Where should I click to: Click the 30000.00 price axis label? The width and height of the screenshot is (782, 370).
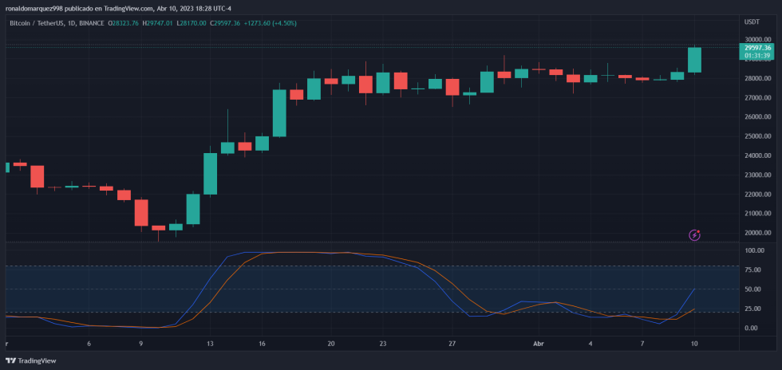click(x=756, y=40)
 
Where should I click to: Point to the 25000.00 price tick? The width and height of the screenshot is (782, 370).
click(x=756, y=136)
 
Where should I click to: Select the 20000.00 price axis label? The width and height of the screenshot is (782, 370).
click(x=756, y=233)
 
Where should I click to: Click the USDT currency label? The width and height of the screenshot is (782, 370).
click(x=752, y=22)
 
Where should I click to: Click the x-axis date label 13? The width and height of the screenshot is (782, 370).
click(x=210, y=344)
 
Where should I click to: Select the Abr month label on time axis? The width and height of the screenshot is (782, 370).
click(x=538, y=344)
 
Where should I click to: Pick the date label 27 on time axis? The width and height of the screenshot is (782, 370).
click(x=452, y=344)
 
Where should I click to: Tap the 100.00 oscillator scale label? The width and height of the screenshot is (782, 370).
click(x=754, y=250)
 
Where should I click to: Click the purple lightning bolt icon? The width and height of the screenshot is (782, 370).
click(x=695, y=234)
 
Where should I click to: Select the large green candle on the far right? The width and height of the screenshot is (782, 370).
click(x=694, y=60)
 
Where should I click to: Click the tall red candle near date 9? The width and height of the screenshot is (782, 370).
click(x=141, y=213)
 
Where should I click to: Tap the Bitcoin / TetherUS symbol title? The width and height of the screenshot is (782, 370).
click(x=36, y=23)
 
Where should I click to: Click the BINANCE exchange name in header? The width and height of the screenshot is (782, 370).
click(x=93, y=23)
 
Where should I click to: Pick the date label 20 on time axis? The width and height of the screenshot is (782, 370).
click(x=331, y=344)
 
